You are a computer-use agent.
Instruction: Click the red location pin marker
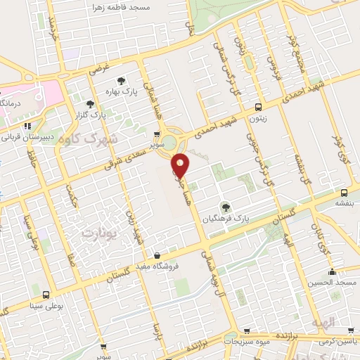click(181, 165)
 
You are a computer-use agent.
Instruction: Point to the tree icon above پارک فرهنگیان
click(226, 206)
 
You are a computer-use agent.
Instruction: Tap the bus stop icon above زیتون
click(259, 108)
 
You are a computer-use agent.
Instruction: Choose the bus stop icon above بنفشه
click(344, 192)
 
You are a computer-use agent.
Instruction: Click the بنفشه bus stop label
click(344, 203)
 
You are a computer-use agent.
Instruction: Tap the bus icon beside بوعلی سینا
click(46, 295)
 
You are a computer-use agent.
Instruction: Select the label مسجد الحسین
click(331, 283)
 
